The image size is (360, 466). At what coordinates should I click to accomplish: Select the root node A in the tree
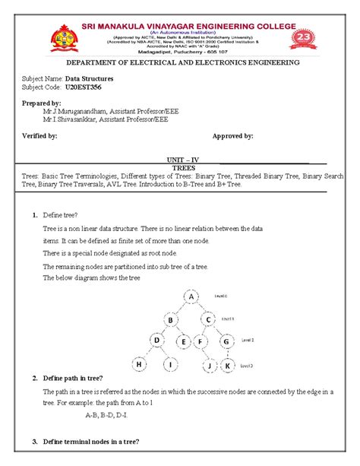tap(193, 296)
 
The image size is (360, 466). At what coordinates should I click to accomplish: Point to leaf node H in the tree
tap(140, 365)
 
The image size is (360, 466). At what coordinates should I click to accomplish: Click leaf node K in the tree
tap(227, 366)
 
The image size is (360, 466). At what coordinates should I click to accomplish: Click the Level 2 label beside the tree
tap(248, 340)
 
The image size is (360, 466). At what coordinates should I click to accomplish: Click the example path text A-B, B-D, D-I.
tap(106, 415)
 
